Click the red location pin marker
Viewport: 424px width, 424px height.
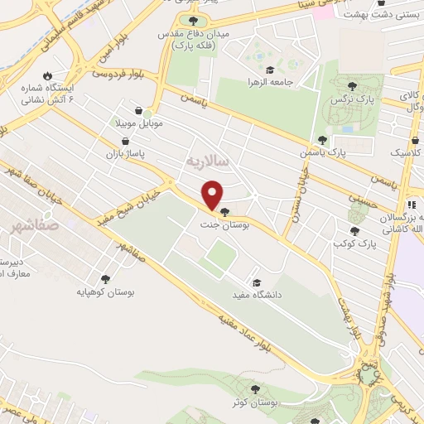213,194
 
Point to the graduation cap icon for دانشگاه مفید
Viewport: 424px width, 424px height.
254,282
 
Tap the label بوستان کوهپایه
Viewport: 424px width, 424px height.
105,292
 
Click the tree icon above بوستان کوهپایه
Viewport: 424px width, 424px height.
105,280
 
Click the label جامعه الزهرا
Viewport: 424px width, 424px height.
269,83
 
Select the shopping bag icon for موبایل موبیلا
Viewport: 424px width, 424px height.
149,110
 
